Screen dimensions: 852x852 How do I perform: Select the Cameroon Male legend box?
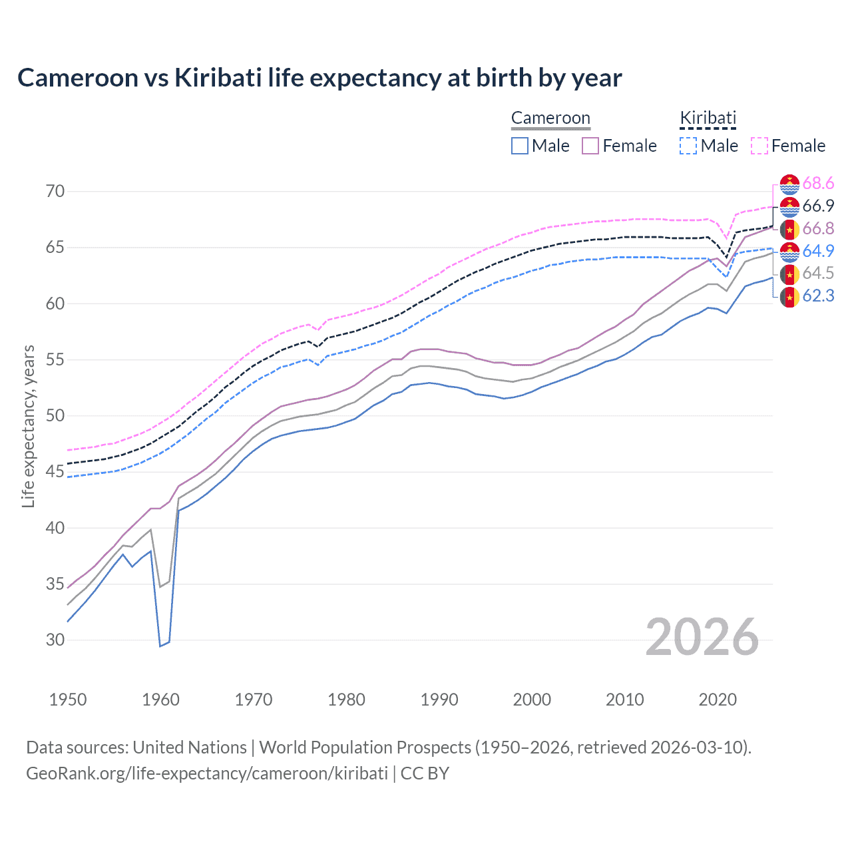pyautogui.click(x=520, y=146)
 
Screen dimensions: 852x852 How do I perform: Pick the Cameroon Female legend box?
pyautogui.click(x=590, y=146)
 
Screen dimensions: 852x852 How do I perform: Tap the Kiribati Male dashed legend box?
pyautogui.click(x=688, y=146)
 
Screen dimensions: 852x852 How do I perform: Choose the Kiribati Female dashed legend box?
pyautogui.click(x=759, y=146)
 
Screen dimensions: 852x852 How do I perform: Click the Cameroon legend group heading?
pyautogui.click(x=550, y=118)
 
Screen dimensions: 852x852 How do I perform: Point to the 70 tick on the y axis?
pyautogui.click(x=55, y=192)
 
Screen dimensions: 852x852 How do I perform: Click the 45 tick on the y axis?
pyautogui.click(x=55, y=472)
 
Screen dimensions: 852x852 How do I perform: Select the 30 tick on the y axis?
pyautogui.click(x=55, y=640)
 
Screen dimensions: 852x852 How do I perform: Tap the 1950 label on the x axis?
pyautogui.click(x=68, y=700)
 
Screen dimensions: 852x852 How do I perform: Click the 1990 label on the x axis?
pyautogui.click(x=439, y=700)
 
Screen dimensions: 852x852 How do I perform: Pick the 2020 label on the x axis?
pyautogui.click(x=718, y=700)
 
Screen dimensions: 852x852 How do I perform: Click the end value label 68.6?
pyautogui.click(x=818, y=184)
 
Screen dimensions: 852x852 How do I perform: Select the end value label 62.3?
pyautogui.click(x=818, y=296)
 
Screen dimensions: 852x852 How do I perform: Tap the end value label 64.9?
pyautogui.click(x=818, y=251)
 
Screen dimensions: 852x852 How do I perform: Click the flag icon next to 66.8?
pyautogui.click(x=789, y=229)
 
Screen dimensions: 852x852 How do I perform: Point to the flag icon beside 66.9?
pyautogui.click(x=789, y=206)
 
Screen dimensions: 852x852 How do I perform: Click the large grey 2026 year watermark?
pyautogui.click(x=702, y=637)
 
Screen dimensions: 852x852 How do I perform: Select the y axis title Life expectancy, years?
pyautogui.click(x=29, y=426)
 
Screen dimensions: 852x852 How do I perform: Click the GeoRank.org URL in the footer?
pyautogui.click(x=207, y=773)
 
